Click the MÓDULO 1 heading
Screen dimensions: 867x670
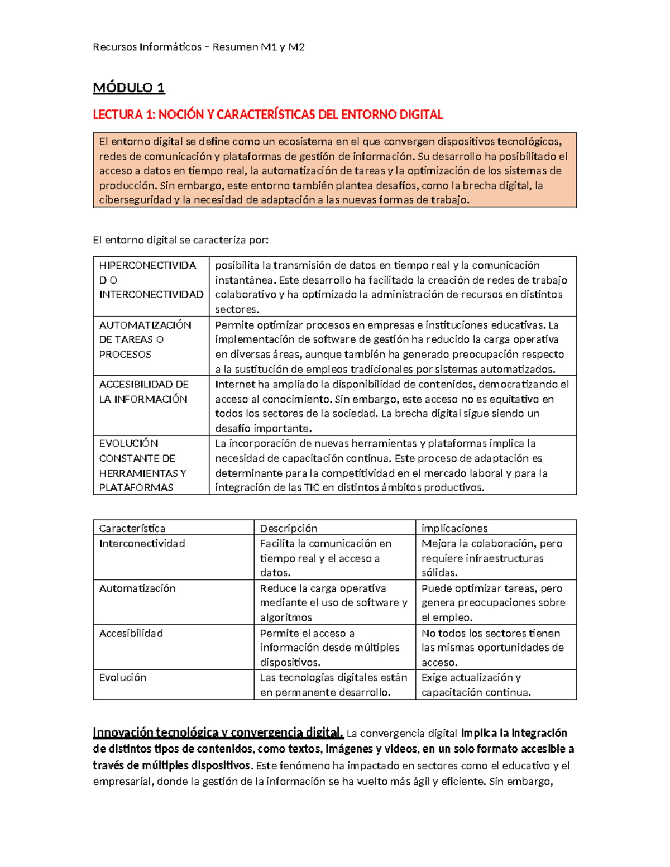(x=129, y=88)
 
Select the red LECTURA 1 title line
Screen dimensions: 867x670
(x=267, y=115)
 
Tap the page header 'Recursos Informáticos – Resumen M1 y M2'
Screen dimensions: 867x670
(x=199, y=47)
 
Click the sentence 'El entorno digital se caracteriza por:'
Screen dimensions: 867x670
(x=180, y=241)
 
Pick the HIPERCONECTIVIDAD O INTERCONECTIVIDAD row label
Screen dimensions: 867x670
(x=151, y=280)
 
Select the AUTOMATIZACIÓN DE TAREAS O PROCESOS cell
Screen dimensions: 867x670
(x=145, y=339)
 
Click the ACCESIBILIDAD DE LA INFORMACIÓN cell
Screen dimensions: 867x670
(x=143, y=392)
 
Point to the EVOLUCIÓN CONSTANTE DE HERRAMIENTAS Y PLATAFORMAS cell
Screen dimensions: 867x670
(x=143, y=465)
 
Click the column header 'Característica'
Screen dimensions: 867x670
(x=132, y=528)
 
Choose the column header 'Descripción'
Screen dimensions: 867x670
(x=289, y=528)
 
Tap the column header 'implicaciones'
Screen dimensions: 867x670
(x=454, y=528)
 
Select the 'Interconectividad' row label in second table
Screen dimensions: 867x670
(x=142, y=544)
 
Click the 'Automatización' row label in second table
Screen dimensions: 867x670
(x=137, y=588)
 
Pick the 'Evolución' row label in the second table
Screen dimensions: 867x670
(x=123, y=678)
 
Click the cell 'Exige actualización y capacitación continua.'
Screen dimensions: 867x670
(x=476, y=685)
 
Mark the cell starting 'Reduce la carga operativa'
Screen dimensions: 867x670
(x=333, y=603)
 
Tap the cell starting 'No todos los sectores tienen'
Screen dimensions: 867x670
(x=492, y=648)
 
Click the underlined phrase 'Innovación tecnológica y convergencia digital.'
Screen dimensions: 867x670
(x=218, y=733)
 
